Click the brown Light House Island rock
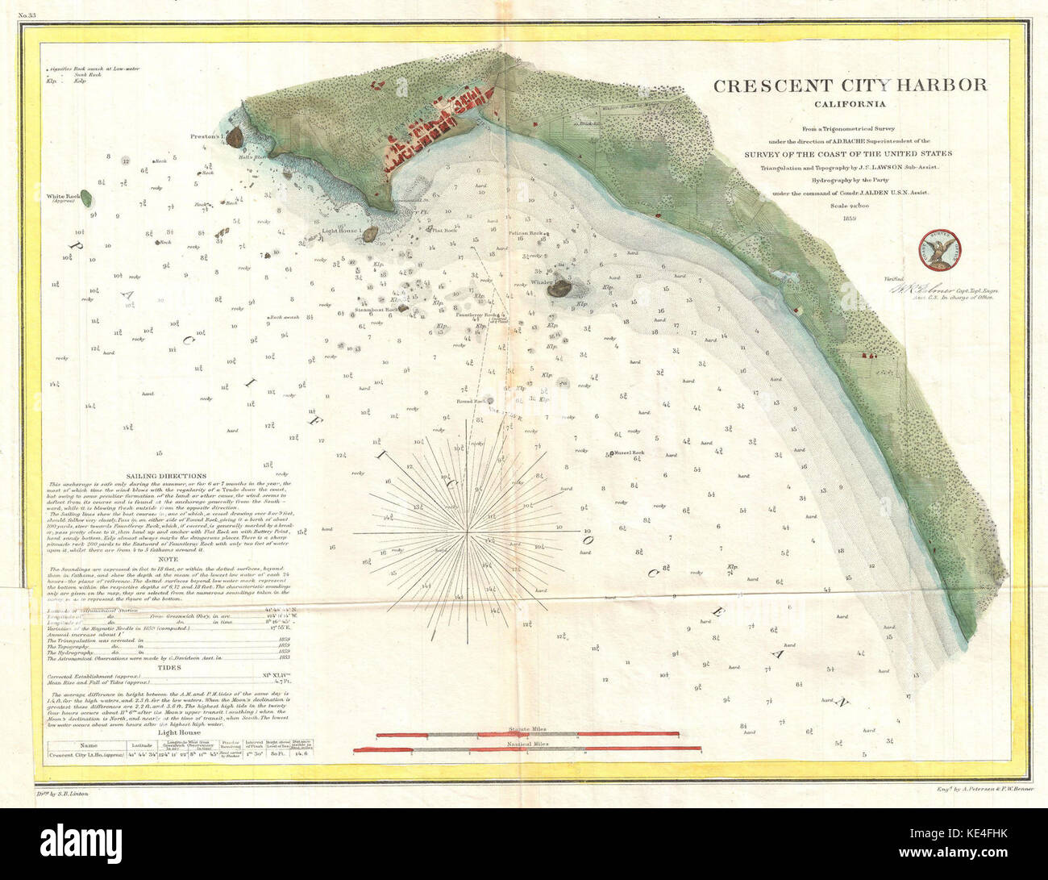[x=371, y=235]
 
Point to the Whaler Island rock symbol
[x=559, y=286]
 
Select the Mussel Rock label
[x=628, y=453]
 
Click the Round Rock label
[x=470, y=401]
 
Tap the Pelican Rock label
[x=525, y=232]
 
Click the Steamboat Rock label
[x=382, y=309]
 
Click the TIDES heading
[x=169, y=668]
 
